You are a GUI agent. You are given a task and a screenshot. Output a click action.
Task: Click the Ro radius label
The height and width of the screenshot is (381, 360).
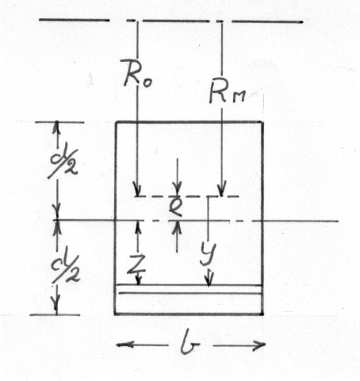137,73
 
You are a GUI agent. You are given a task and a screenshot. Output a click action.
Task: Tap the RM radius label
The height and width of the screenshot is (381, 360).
228,92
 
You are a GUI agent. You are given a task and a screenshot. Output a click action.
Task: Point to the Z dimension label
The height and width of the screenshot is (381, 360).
136,264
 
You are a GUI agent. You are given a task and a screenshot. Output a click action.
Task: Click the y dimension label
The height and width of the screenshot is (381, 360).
208,253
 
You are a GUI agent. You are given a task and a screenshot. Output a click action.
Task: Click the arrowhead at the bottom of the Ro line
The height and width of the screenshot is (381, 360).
137,190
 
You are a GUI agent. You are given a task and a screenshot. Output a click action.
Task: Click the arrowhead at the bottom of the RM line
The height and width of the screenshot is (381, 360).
222,189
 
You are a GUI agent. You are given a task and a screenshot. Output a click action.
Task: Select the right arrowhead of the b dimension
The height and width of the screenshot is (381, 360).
259,344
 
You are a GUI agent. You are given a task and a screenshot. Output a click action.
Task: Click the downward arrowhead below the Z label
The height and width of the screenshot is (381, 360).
138,279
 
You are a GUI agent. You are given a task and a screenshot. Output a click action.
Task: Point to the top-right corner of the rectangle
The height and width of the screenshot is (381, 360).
262,122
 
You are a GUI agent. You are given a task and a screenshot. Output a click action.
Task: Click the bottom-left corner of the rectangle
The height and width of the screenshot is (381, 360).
115,314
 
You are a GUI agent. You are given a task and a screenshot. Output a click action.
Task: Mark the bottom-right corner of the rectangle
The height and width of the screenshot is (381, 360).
262,314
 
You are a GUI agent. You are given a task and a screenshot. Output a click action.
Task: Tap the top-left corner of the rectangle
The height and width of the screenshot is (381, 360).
116,122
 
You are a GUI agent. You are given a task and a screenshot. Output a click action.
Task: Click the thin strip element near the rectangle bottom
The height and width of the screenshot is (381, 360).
190,289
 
